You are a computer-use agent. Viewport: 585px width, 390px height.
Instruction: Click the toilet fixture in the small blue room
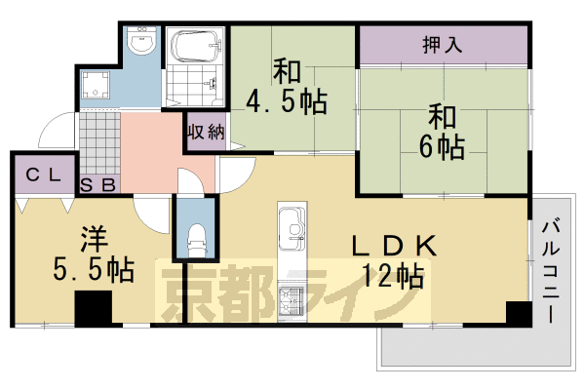point(196,240)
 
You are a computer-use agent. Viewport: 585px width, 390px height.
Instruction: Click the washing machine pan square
point(96,85)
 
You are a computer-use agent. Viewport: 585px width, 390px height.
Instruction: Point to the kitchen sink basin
point(292,228)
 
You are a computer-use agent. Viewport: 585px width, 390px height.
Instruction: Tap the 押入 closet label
point(443,45)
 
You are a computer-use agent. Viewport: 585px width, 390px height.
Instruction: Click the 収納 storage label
point(206,132)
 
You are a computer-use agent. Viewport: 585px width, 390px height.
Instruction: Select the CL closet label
point(43,175)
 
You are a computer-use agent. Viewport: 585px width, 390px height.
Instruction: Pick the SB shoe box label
point(97,184)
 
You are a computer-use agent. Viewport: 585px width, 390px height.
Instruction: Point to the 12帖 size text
point(393,275)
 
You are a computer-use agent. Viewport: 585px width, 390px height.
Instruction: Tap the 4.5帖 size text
point(287,101)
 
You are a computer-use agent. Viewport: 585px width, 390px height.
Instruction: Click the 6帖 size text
point(442,146)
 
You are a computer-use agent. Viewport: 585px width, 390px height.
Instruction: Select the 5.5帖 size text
point(94,269)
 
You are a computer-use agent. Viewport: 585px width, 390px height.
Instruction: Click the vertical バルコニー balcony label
point(551,272)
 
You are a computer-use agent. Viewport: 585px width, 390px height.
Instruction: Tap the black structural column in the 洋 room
point(94,309)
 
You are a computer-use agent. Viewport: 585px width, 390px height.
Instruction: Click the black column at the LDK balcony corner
point(519,314)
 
